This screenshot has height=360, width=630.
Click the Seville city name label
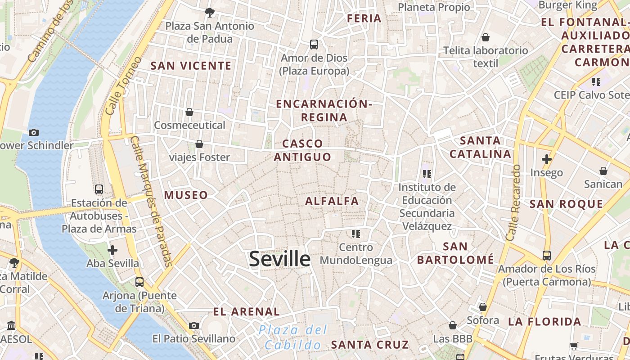(279, 259)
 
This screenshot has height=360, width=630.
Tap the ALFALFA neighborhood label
(332, 201)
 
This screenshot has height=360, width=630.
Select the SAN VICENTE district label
(191, 66)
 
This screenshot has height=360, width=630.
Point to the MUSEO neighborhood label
(186, 195)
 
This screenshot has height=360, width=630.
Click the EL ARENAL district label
(246, 311)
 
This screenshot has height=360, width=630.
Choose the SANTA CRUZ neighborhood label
(370, 345)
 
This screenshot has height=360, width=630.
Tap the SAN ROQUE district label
(566, 204)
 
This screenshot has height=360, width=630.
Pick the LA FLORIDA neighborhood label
(544, 322)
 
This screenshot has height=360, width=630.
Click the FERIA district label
(364, 18)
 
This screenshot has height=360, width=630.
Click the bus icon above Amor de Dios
(314, 45)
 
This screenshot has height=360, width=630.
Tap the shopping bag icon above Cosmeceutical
(189, 112)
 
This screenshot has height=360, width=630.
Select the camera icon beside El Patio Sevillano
(194, 325)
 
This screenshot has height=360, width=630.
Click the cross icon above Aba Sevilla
(112, 250)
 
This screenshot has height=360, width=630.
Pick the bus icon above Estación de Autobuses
(99, 189)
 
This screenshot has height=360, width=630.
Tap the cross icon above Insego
(547, 159)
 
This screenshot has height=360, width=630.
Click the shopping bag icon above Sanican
(603, 171)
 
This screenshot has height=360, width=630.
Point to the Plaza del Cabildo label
(292, 337)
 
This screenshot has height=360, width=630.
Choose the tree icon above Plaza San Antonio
(209, 12)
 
